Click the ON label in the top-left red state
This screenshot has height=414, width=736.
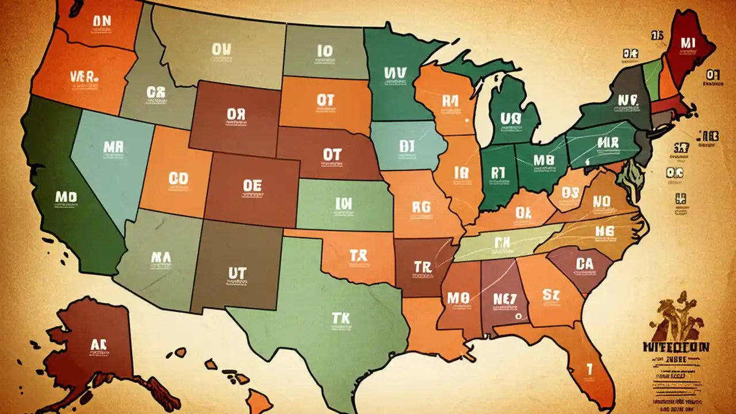coord(101,21)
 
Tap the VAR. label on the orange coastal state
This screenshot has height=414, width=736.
coord(85,76)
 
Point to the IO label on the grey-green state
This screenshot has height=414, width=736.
coord(324,51)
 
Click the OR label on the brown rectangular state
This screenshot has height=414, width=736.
coord(236,114)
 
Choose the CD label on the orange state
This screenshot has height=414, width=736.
coord(178,178)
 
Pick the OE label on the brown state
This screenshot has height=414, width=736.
coord(252,186)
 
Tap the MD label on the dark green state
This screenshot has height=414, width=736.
coord(66,198)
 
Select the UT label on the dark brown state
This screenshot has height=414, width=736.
coord(237,273)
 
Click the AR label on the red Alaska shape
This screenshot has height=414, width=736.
coord(99,344)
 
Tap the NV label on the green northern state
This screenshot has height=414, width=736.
coord(395,73)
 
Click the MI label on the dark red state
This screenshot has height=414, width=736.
coord(688,43)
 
